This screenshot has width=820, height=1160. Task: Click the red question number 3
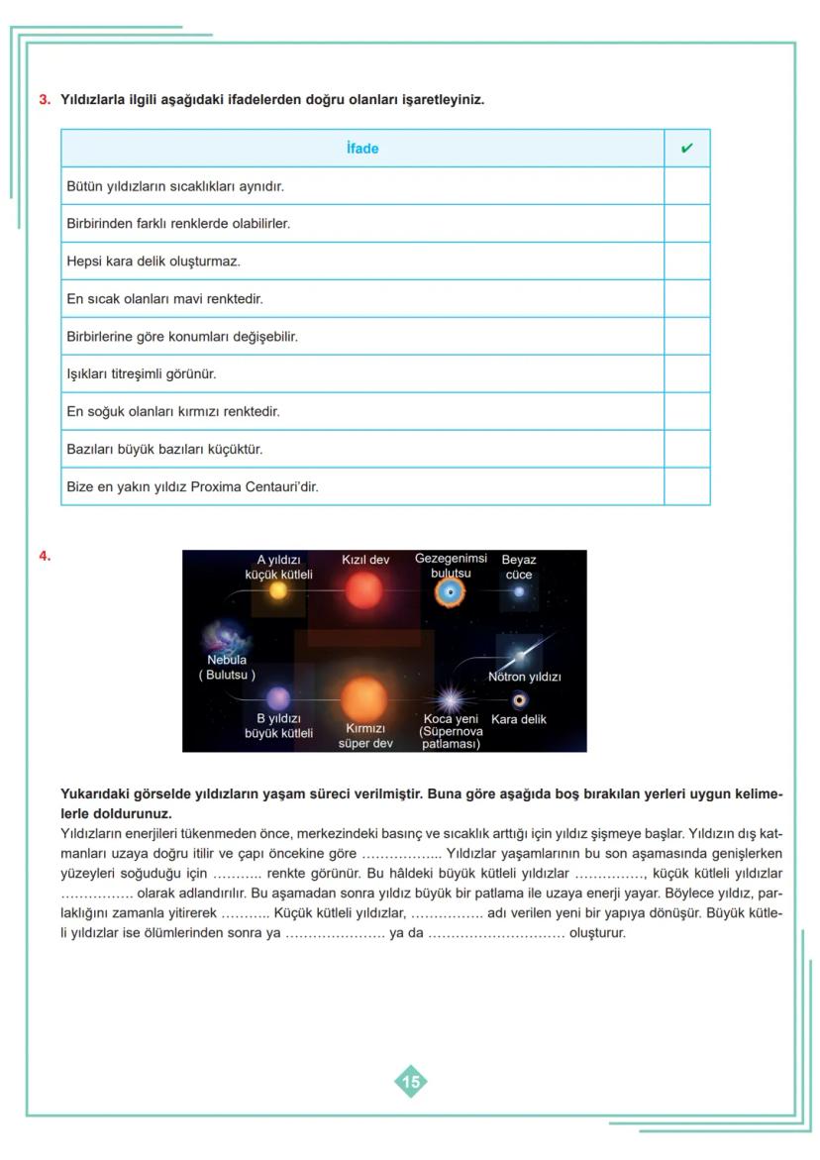pos(44,99)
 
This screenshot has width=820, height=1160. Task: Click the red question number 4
pos(44,556)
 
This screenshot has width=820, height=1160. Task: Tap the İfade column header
pos(362,149)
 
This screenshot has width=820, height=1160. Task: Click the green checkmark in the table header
pos(686,149)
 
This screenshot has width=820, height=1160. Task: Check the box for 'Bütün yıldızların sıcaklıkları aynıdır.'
pos(686,186)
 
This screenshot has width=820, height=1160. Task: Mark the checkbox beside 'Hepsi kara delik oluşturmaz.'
pos(686,262)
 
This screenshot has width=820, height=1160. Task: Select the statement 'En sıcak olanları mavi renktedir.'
pos(164,299)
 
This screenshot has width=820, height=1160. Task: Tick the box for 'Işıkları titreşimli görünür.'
pos(686,373)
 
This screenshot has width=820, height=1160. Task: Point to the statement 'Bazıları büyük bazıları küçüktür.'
pos(164,449)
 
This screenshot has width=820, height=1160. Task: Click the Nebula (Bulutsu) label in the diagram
pos(227,667)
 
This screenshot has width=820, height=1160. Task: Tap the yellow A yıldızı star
pos(278,591)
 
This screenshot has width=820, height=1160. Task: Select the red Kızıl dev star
pos(364,591)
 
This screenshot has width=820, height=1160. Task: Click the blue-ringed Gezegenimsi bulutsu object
pos(451,592)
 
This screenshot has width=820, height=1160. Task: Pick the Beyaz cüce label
pos(519,567)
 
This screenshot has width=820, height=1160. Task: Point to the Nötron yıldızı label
pos(524,678)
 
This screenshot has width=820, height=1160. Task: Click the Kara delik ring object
pos(519,700)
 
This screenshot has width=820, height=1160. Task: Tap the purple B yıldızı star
pos(278,698)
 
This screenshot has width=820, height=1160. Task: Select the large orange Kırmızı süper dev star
pos(364,698)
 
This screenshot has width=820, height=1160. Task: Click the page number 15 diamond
pos(411,1082)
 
